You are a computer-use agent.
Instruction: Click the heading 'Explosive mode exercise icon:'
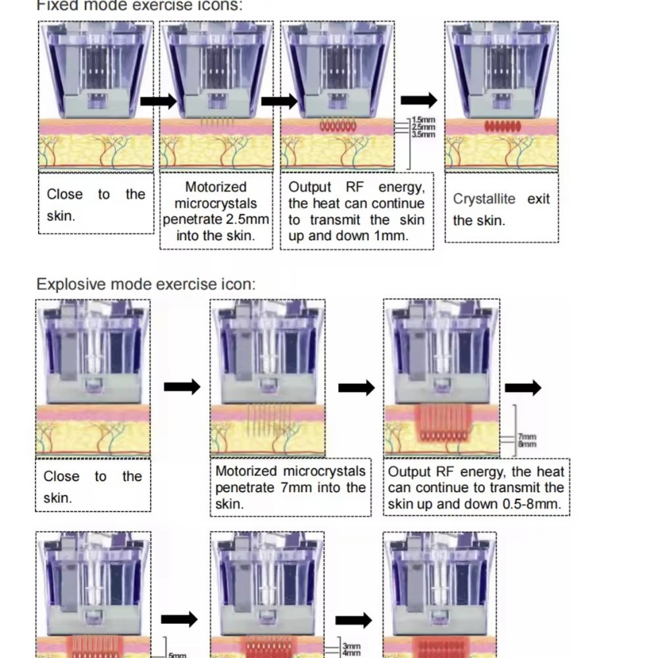coord(145,284)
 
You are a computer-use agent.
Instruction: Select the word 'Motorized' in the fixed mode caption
coord(216,188)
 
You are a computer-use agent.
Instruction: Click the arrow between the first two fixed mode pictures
coord(159,101)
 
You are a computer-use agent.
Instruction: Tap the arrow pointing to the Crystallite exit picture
coord(418,100)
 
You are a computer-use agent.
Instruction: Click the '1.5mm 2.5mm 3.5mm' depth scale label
coord(422,127)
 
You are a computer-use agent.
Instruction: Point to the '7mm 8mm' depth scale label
coord(528,440)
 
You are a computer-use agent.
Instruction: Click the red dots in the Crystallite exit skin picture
coord(502,126)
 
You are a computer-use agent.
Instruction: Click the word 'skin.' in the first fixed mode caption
coord(61,216)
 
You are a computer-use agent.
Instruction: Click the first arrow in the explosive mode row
coord(181,388)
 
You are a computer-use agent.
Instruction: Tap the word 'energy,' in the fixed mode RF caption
coord(401,188)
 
